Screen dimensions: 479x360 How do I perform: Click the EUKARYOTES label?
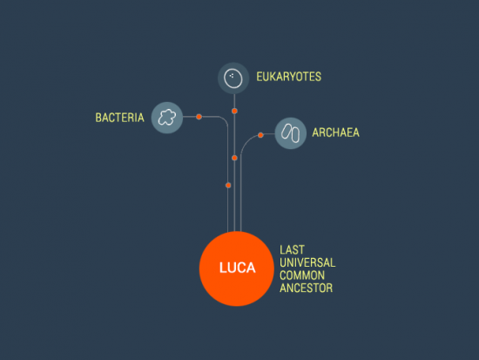[288, 77]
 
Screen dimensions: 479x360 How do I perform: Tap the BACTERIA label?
[120, 118]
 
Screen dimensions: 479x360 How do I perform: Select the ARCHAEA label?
[335, 132]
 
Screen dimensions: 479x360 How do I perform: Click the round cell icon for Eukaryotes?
[233, 78]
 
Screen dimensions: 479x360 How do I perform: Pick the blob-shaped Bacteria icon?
[167, 118]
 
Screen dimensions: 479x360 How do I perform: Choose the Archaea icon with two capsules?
[291, 133]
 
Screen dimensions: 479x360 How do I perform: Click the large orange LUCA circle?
[236, 268]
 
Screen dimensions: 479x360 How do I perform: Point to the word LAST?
[292, 250]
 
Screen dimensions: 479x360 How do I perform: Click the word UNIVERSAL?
[307, 262]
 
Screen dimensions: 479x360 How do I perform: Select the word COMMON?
[302, 275]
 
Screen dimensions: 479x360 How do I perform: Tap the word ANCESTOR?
[306, 288]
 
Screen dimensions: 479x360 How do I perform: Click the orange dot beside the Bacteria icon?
[199, 117]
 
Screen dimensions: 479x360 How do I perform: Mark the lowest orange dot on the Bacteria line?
[228, 186]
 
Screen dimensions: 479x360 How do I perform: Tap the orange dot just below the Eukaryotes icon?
[234, 111]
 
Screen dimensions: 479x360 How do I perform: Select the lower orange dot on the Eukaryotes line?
[234, 158]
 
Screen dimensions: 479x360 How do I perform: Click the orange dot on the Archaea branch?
[260, 135]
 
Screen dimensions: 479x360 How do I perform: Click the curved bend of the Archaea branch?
[246, 141]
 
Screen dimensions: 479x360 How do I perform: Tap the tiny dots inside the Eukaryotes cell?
[232, 76]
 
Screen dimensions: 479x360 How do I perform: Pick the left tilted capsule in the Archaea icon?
[287, 132]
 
